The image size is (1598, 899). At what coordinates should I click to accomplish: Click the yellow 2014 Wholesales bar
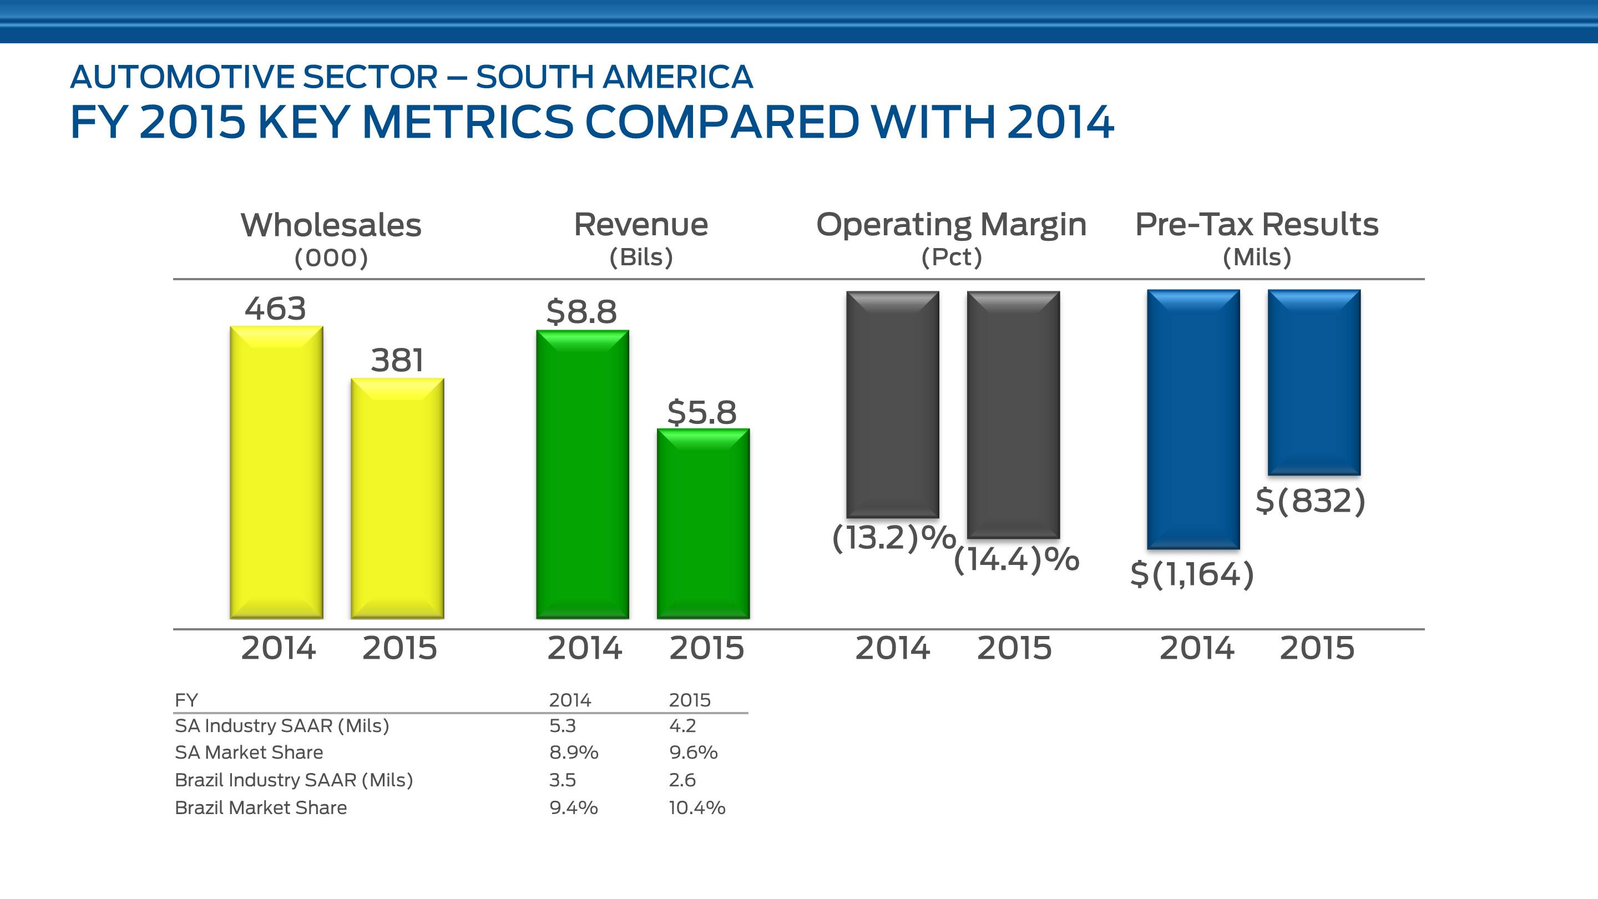(x=276, y=472)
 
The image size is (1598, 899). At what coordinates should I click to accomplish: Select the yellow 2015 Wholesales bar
(x=397, y=498)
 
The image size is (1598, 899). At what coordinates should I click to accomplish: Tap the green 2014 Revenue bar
(x=583, y=474)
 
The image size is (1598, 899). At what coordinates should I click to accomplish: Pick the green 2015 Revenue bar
(x=703, y=524)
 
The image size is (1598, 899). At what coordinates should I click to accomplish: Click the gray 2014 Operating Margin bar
(x=893, y=405)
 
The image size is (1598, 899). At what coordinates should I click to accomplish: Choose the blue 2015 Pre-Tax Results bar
(x=1314, y=383)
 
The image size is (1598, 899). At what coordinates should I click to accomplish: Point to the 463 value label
(x=275, y=309)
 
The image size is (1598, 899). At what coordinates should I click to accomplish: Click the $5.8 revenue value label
(x=701, y=412)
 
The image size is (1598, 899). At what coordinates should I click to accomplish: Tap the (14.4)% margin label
(x=1016, y=559)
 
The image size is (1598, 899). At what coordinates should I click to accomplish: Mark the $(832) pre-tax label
(x=1310, y=501)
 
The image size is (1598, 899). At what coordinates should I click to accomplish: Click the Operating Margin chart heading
(x=951, y=225)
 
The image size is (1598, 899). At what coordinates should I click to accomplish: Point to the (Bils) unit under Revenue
(x=641, y=257)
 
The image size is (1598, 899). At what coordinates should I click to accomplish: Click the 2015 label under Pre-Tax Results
(x=1317, y=648)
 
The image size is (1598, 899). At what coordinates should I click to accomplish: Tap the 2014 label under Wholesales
(x=279, y=648)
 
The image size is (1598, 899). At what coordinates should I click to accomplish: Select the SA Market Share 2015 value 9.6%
(x=693, y=752)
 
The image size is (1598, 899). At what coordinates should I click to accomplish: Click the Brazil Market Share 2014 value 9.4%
(x=573, y=808)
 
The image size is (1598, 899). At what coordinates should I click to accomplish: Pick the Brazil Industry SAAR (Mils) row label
(x=294, y=780)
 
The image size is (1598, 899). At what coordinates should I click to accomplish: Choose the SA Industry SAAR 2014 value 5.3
(x=563, y=726)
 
